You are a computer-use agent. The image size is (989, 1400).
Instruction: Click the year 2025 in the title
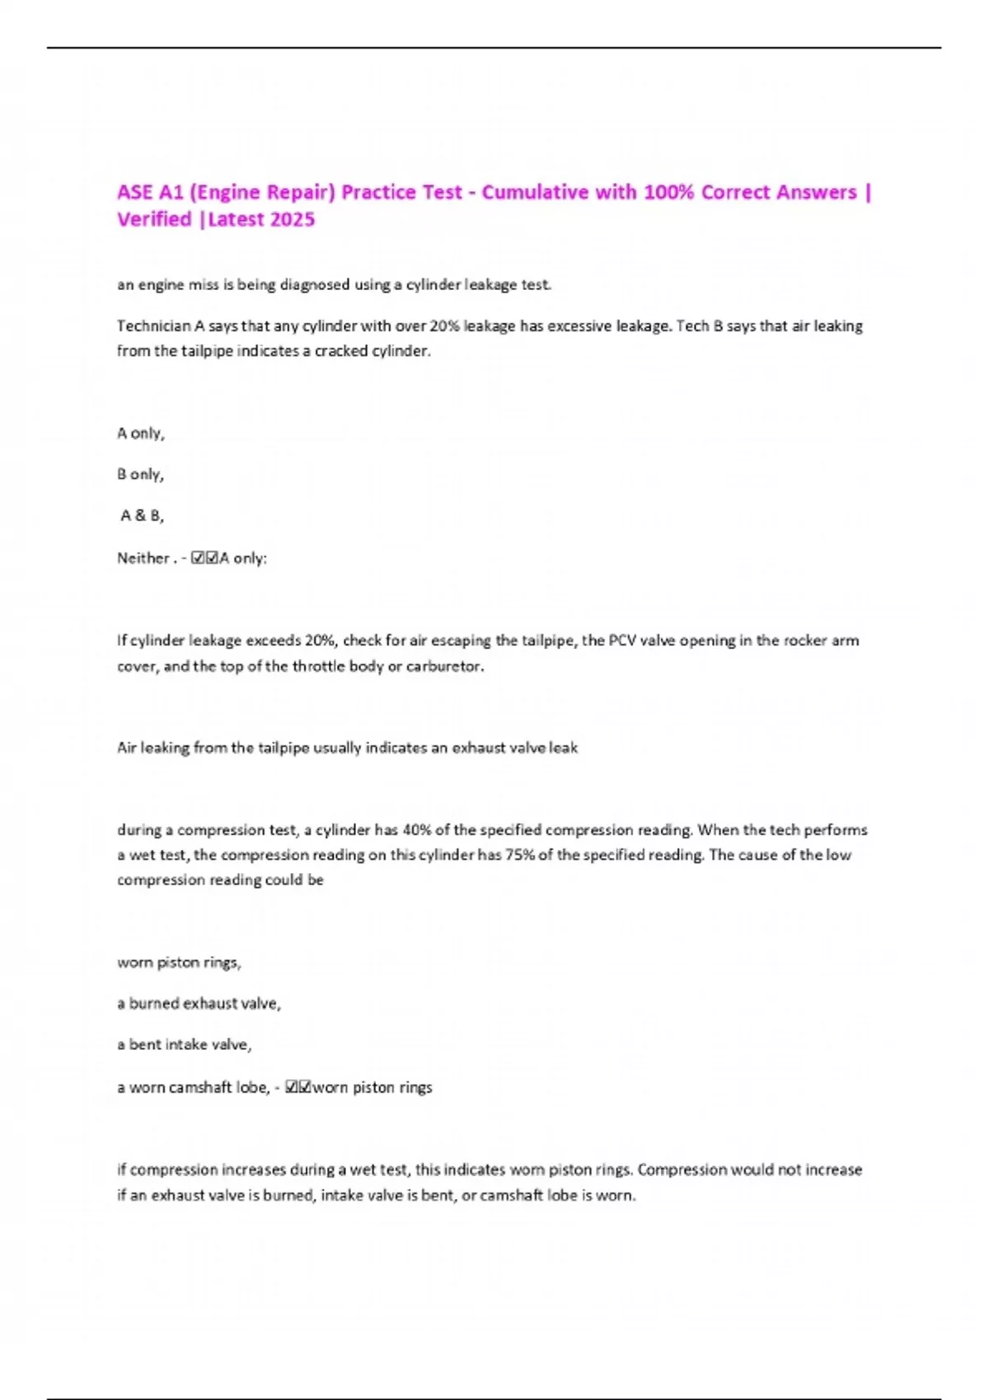tap(293, 220)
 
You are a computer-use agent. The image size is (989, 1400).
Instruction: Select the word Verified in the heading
tap(154, 220)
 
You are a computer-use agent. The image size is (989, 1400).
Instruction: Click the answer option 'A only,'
tap(141, 433)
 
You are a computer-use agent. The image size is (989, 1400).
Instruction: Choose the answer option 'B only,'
tap(140, 474)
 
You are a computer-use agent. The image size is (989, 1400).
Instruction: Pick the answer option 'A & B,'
tap(142, 516)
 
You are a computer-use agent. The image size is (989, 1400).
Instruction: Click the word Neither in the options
tap(143, 558)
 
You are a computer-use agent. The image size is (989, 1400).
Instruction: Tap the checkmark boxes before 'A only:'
tap(204, 558)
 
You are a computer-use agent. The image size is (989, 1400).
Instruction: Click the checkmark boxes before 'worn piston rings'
tap(298, 1088)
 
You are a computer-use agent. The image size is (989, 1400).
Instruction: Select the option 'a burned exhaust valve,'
tap(199, 1004)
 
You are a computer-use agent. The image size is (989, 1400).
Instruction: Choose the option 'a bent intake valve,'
tap(184, 1045)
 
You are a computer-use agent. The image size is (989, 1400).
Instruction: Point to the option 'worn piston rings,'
tap(179, 963)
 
